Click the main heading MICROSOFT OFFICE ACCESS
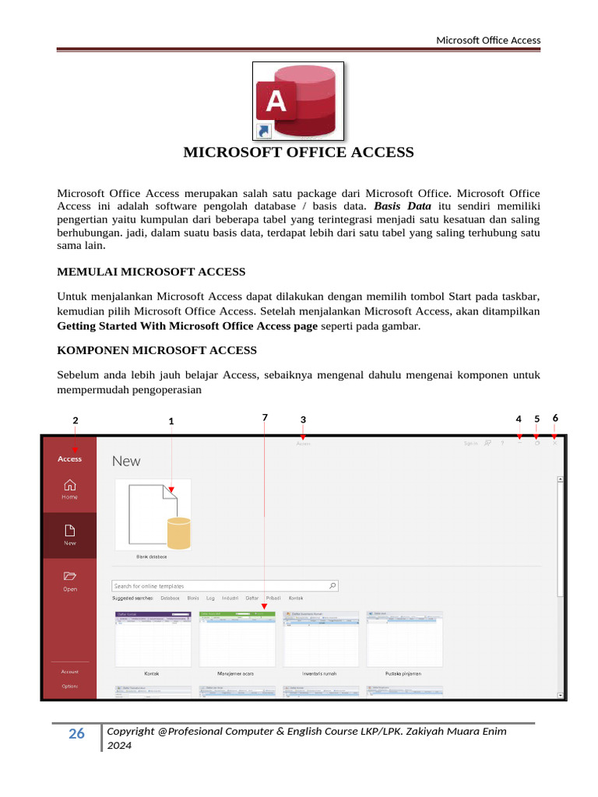click(x=298, y=153)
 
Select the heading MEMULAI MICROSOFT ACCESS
click(x=152, y=272)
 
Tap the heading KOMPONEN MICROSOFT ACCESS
click(x=157, y=350)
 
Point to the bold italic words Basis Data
click(x=403, y=206)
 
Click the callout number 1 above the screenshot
click(x=171, y=421)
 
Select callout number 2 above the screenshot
click(x=75, y=420)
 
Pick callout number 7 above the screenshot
click(x=265, y=418)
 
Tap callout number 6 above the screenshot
click(x=555, y=418)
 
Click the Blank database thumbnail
click(x=153, y=514)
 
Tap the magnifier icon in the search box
click(x=332, y=586)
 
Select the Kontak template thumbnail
click(x=153, y=638)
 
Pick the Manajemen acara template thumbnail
click(x=237, y=638)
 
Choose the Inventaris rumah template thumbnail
click(x=321, y=638)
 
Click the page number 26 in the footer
click(x=76, y=734)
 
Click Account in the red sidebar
click(x=70, y=671)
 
